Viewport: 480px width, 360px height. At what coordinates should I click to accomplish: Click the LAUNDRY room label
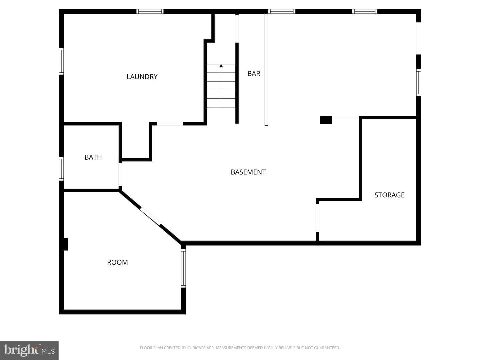click(142, 77)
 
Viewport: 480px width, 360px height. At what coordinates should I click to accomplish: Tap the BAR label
click(254, 73)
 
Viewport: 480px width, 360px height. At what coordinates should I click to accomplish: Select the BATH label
click(93, 157)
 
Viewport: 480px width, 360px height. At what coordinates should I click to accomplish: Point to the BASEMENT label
click(248, 172)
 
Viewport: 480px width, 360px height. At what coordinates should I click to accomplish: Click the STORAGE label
click(389, 195)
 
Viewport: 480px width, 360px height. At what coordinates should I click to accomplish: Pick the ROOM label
click(117, 262)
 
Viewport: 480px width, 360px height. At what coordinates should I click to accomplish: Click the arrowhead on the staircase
click(221, 66)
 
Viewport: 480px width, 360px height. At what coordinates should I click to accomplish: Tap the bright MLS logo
click(29, 350)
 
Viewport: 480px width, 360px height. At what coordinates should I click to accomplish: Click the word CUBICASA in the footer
click(195, 348)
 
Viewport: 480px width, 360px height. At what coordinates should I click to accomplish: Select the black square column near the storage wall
click(326, 120)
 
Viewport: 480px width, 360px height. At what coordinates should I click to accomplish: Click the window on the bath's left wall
click(61, 169)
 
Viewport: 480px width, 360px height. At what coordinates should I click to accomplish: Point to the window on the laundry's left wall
click(61, 61)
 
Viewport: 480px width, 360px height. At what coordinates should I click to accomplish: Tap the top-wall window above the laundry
click(150, 11)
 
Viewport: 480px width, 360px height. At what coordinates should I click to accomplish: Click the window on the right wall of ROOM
click(183, 268)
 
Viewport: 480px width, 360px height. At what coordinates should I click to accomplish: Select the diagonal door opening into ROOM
click(151, 216)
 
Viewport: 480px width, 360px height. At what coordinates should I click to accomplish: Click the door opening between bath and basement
click(120, 175)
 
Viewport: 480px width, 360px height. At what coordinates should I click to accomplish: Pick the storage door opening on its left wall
click(317, 218)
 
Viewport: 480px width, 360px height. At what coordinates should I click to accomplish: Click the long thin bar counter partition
click(266, 70)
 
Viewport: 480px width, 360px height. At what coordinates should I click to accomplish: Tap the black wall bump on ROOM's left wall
click(65, 244)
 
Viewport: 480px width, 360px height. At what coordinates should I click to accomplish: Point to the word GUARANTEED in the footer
click(329, 348)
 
